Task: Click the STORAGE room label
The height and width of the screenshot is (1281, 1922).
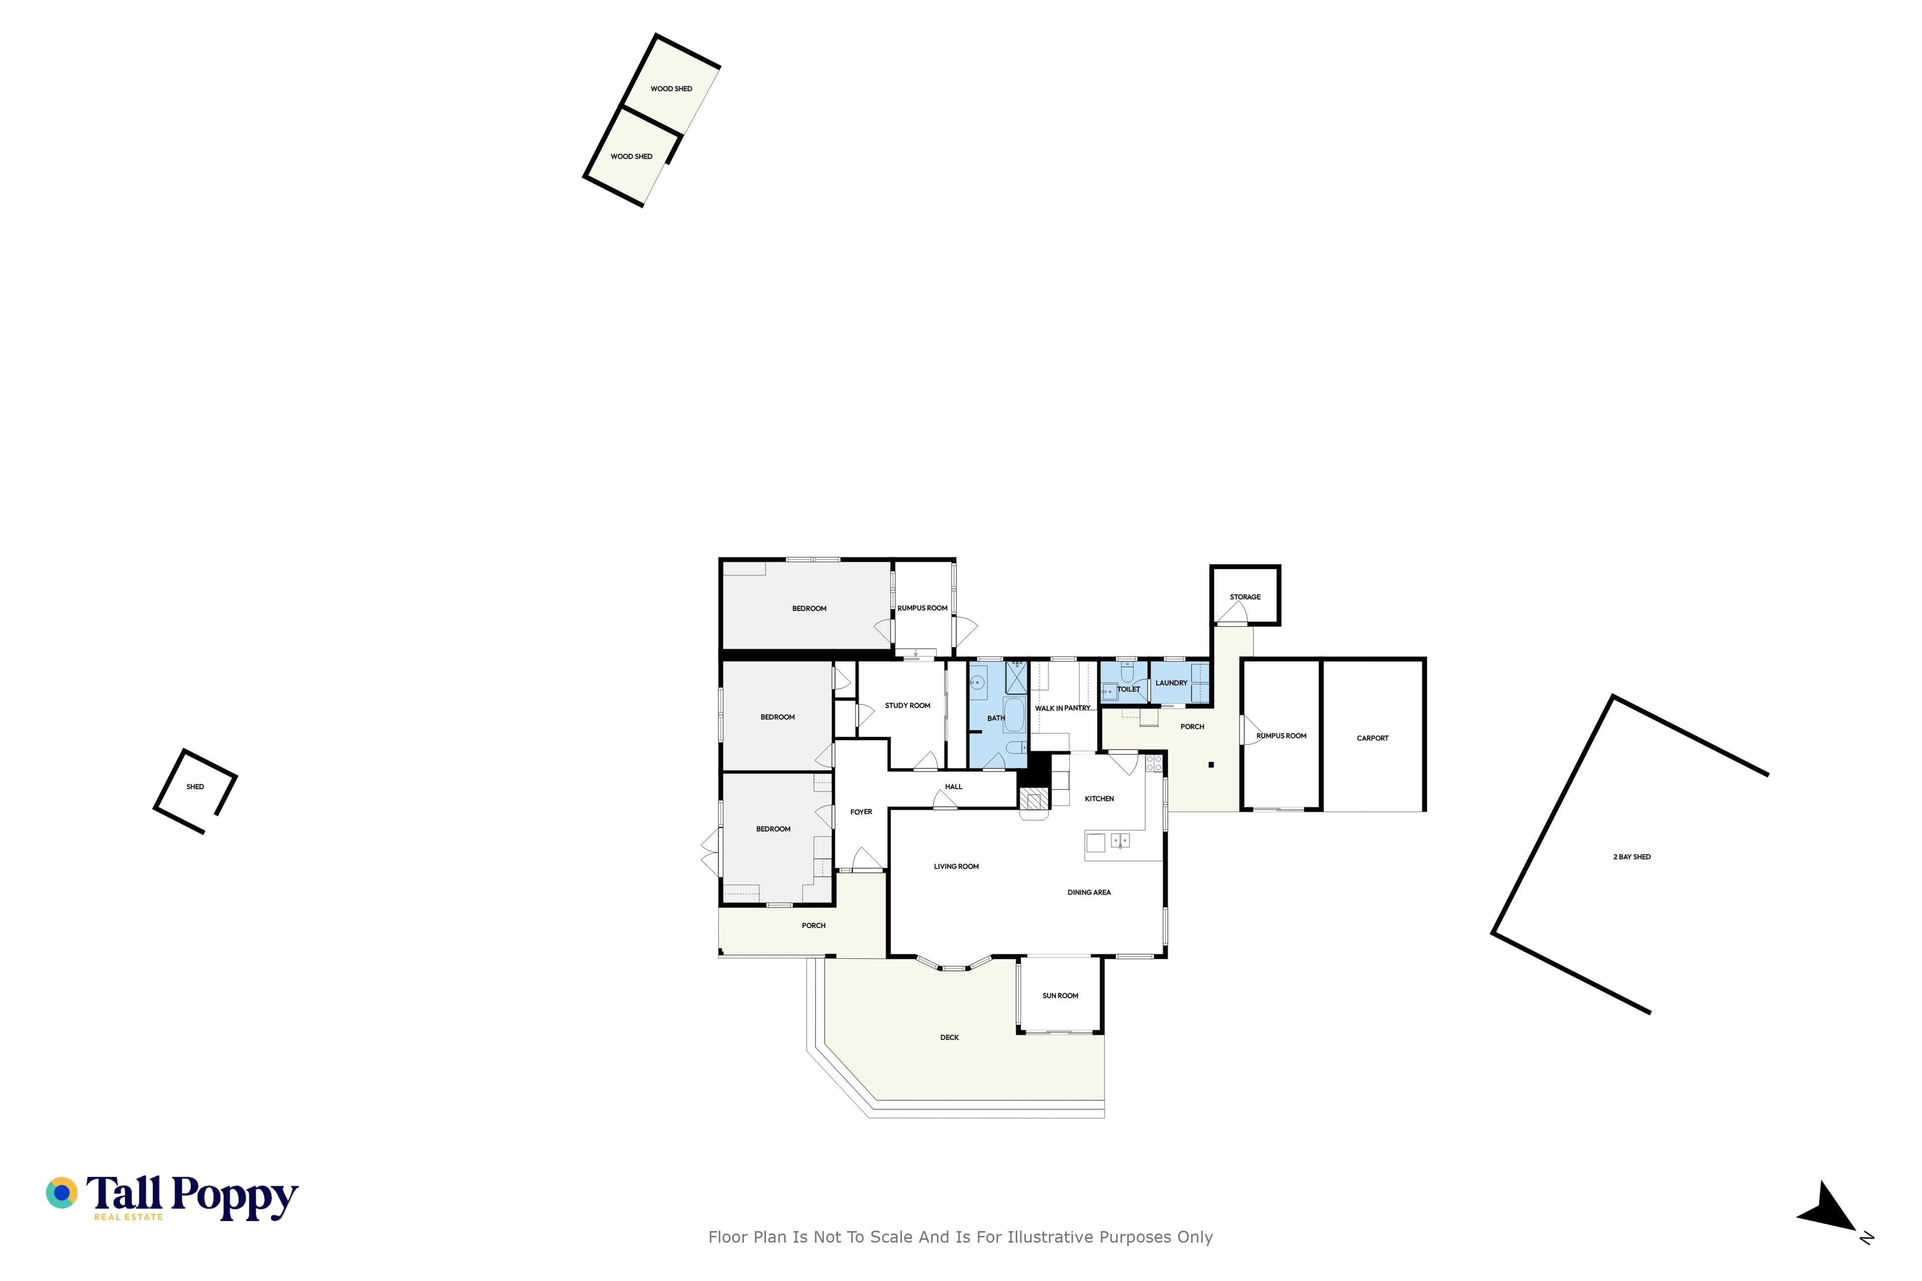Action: [x=1245, y=597]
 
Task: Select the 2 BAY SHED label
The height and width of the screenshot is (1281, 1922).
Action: [x=1632, y=857]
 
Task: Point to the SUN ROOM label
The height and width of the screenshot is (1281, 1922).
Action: [x=1060, y=996]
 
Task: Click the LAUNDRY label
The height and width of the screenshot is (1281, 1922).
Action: [x=1171, y=683]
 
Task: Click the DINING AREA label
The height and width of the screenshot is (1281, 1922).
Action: [x=1089, y=893]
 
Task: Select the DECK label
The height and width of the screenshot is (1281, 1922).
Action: [x=949, y=1037]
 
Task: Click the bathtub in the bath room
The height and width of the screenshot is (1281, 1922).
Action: [x=1014, y=716]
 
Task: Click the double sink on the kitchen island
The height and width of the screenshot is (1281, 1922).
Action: [x=1120, y=841]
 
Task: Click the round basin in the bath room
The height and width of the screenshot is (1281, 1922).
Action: [x=978, y=681]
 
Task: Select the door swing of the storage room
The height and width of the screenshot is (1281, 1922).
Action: [x=1232, y=612]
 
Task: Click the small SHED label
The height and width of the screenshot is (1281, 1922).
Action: [x=195, y=787]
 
